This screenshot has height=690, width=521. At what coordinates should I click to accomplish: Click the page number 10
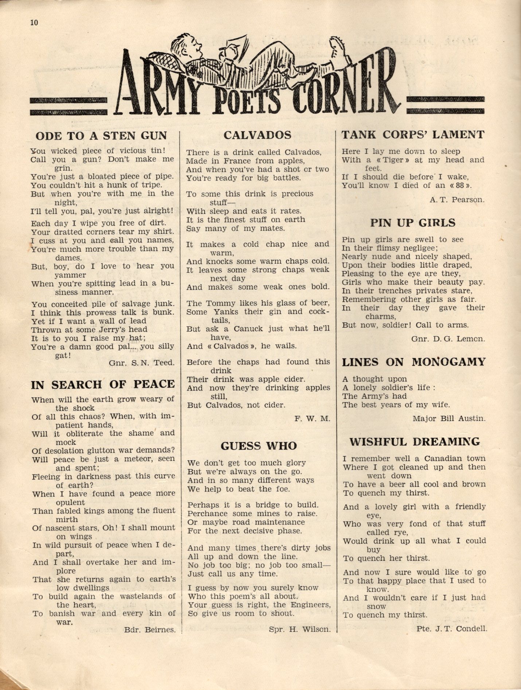(x=34, y=23)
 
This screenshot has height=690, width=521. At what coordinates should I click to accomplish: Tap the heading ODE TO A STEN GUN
(x=101, y=136)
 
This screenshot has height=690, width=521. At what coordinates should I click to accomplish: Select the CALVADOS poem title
(x=257, y=135)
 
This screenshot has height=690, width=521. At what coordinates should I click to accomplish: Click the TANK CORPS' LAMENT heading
(x=413, y=135)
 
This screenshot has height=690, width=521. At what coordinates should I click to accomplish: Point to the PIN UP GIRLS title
(x=413, y=223)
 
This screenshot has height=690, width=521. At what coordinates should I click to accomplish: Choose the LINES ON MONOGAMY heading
(x=414, y=362)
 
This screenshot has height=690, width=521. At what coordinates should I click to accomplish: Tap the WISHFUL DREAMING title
(x=415, y=442)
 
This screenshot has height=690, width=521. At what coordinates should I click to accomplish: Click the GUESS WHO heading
(x=258, y=446)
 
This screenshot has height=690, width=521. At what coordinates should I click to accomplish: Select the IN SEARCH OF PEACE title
(x=103, y=384)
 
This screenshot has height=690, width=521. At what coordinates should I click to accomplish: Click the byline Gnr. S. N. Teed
(x=141, y=363)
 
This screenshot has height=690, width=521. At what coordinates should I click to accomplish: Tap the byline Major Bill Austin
(x=449, y=419)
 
